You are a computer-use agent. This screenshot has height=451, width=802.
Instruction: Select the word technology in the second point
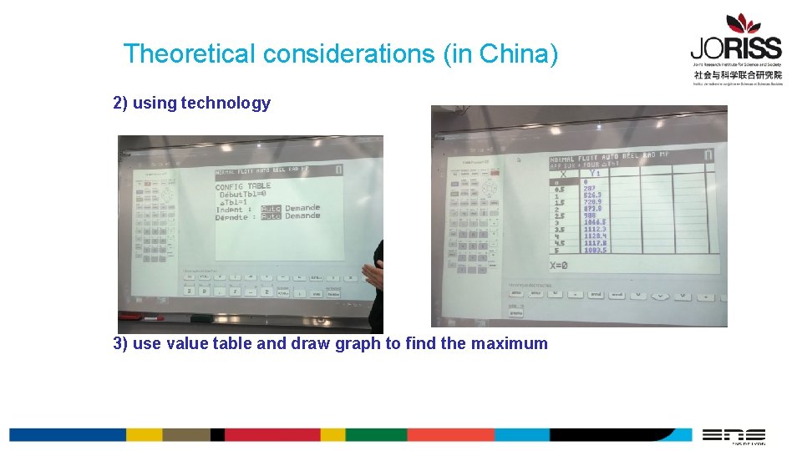coord(226,104)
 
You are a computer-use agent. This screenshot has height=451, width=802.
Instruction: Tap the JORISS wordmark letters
coord(735,48)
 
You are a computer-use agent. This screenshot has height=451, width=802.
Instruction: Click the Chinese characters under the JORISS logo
coord(737,74)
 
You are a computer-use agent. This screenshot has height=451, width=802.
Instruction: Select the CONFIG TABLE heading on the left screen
coord(242,186)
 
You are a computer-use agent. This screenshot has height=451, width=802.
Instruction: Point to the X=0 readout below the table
coord(559,265)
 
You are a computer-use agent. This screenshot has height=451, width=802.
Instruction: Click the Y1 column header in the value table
coord(594,174)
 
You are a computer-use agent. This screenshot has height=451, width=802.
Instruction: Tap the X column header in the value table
coord(563,174)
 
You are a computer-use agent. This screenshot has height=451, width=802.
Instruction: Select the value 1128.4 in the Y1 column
coord(595,236)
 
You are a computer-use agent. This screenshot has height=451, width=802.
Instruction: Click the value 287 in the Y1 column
coord(591,189)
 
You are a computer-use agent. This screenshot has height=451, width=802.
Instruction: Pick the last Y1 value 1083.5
coord(595,250)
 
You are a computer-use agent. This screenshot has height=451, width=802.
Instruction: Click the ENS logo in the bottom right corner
coord(733,435)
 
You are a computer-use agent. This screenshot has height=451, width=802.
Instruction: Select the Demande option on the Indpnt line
coord(302,208)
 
